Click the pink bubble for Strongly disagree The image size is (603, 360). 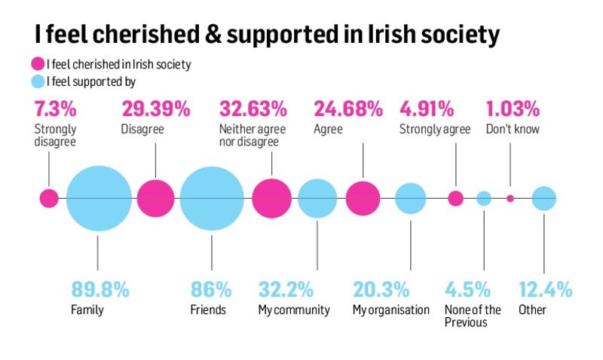[x=49, y=199]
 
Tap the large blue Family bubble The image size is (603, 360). [x=98, y=199]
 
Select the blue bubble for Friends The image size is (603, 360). [x=212, y=199]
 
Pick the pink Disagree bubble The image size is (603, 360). [x=156, y=199]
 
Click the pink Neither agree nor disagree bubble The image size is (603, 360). [x=271, y=199]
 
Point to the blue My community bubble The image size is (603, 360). [x=317, y=199]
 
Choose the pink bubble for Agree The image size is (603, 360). [x=363, y=199]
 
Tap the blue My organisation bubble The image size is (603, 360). [x=411, y=199]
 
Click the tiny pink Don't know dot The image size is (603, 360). [x=510, y=199]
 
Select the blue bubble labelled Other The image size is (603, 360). [x=543, y=199]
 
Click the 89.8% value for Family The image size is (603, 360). [x=100, y=289]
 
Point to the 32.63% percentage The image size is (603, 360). [x=253, y=109]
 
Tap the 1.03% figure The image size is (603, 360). [x=513, y=109]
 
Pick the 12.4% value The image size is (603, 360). [x=545, y=289]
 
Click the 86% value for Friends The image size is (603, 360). [x=210, y=289]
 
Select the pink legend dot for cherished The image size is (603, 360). [x=37, y=64]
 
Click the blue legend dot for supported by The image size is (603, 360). [x=37, y=81]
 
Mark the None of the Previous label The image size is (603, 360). [x=473, y=316]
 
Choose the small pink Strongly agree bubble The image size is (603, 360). [x=455, y=199]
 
